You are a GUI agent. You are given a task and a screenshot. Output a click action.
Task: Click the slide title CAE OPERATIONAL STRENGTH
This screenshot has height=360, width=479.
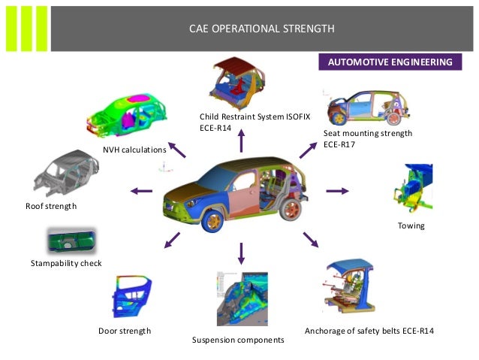coord(262,29)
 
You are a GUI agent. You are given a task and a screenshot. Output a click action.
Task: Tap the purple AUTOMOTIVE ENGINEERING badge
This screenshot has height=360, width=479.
coord(389,62)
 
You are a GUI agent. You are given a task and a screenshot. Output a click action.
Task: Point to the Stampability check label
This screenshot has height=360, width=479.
coord(66,263)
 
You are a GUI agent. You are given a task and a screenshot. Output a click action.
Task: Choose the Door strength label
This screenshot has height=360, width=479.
coord(125,331)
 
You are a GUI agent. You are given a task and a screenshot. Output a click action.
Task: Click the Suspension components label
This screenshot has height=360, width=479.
coord(238,340)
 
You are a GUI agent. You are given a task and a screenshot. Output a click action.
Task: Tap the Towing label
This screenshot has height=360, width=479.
coord(411,225)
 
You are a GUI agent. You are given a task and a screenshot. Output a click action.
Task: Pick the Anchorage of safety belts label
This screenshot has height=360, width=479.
coord(369,331)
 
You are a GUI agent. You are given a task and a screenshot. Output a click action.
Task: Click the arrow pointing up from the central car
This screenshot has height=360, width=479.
coord(240,141)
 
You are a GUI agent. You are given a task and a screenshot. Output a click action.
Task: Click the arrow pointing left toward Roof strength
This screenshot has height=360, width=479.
coord(141,191)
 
